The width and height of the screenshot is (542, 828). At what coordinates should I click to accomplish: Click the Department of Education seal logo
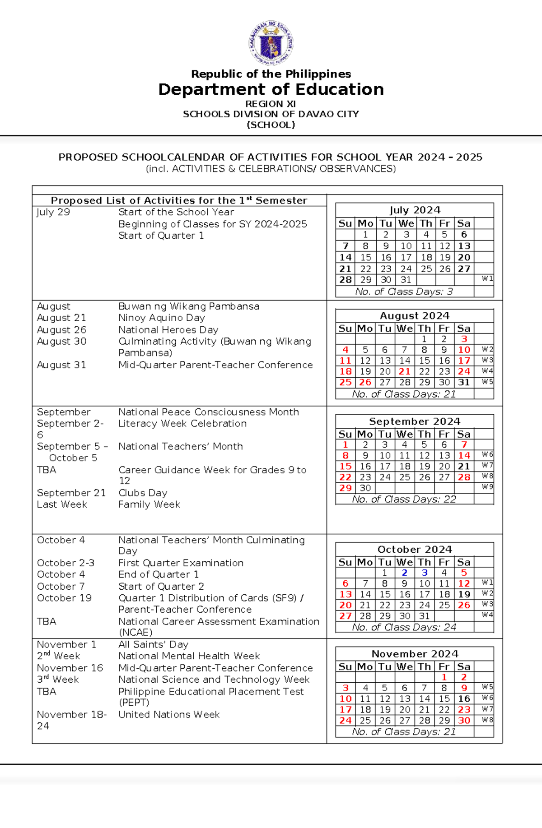point(271,43)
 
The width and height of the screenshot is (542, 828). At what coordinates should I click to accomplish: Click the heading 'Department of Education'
point(271,89)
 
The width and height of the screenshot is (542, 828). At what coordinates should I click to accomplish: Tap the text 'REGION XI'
point(271,104)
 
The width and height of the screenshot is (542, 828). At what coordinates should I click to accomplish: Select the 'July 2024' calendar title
point(415,210)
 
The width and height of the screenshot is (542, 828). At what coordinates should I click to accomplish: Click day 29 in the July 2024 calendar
point(365,280)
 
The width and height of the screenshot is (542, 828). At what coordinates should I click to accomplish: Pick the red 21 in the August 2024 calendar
point(404,371)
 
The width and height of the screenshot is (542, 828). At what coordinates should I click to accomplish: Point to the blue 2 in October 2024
point(404,573)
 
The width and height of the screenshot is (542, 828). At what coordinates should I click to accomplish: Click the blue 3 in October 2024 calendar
point(424,573)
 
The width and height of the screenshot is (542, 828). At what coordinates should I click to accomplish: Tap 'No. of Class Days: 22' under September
point(404,499)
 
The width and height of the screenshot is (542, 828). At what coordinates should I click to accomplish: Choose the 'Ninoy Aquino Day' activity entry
point(161,318)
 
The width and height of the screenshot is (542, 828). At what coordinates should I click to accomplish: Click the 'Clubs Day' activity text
point(143,493)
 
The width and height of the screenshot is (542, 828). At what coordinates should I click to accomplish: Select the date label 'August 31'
point(61,365)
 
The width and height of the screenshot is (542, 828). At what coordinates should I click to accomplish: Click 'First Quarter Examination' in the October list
point(181,563)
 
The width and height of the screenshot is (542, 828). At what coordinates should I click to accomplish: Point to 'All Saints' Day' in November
point(153,644)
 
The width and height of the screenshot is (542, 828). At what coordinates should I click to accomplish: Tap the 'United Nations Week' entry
point(169,714)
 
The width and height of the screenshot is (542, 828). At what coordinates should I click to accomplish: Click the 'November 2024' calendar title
point(415,654)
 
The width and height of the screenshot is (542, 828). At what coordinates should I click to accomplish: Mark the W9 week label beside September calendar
point(487,487)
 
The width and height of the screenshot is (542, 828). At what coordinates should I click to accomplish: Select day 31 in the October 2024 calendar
point(424,616)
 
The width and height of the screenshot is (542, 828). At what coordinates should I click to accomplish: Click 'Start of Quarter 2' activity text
point(161,586)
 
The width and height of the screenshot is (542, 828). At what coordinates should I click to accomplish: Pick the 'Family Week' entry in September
point(149,504)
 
